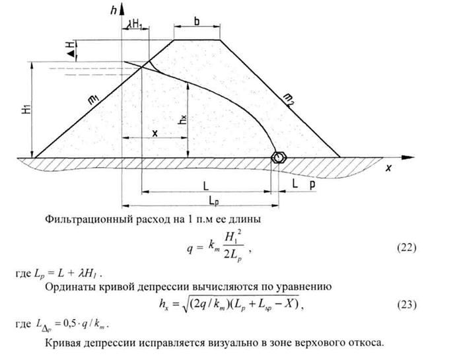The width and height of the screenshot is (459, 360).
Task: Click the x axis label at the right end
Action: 389,169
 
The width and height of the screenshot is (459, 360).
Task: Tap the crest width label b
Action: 197,20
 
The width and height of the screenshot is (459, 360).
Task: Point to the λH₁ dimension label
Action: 135,24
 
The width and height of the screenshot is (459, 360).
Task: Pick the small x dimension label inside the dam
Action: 155,133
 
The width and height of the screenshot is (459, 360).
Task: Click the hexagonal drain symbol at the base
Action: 280,157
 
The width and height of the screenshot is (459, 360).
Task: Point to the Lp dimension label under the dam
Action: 210,199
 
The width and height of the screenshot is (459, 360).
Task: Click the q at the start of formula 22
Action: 190,248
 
